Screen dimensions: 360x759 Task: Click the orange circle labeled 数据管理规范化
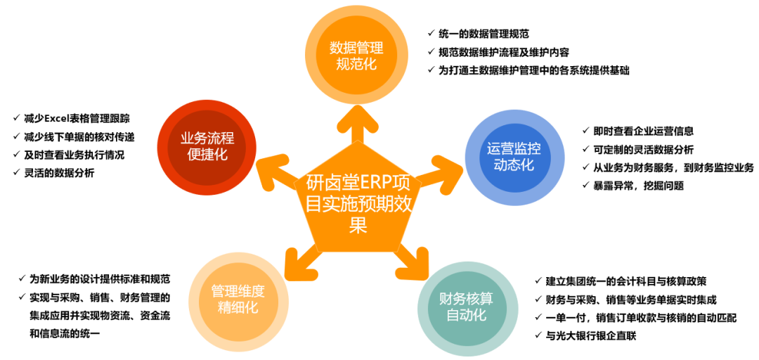pyautogui.click(x=357, y=56)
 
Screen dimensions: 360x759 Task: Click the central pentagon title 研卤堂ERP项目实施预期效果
pyautogui.click(x=358, y=203)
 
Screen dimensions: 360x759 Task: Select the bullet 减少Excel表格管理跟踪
pyautogui.click(x=77, y=118)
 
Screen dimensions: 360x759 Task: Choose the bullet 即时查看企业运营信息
pyautogui.click(x=644, y=131)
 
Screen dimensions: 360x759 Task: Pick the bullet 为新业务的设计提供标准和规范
pyautogui.click(x=99, y=279)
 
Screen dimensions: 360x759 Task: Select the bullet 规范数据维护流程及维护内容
pyautogui.click(x=503, y=52)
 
